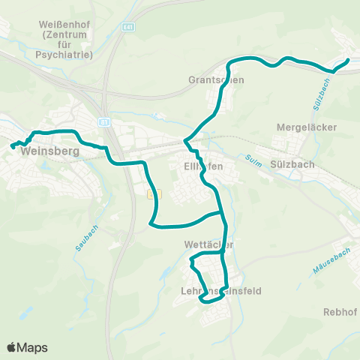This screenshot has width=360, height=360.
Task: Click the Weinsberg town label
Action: pos(50,150)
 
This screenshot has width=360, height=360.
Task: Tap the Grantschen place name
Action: pos(217,79)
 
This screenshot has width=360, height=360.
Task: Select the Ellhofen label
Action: pos(203,166)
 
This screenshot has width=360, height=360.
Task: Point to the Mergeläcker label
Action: pos(307,127)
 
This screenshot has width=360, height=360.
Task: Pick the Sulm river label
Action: pos(251,159)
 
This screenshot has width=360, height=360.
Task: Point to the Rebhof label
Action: pos(337,311)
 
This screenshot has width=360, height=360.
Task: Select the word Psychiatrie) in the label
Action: pos(67,55)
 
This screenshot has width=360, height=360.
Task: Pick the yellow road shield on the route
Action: pos(154,193)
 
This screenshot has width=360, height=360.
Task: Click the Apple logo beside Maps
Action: pos(12,347)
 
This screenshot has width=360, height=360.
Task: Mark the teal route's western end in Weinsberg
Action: pos(13,147)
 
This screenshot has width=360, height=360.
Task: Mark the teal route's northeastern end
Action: pos(348,60)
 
